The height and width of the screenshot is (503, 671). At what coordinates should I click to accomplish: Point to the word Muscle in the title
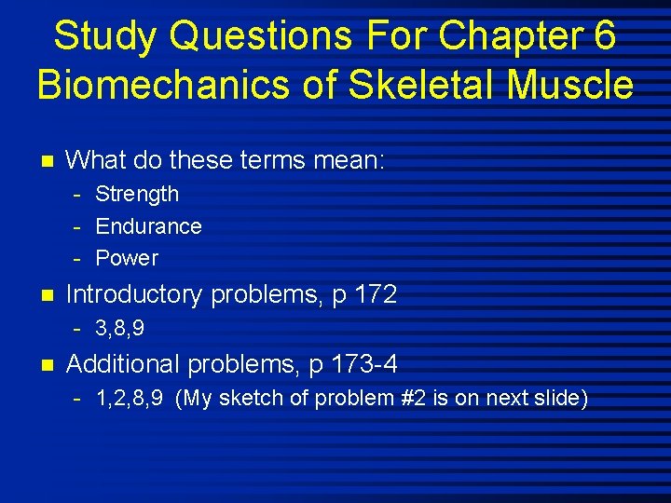pos(571,85)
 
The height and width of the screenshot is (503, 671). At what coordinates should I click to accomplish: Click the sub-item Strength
pos(137,195)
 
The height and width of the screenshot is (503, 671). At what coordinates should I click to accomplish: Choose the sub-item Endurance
pos(148,226)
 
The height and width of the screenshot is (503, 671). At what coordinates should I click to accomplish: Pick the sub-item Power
pos(127,258)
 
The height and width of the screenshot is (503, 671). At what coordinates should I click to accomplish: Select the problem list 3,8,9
pos(120,329)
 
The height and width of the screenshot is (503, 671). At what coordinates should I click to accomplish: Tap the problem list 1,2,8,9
pos(130,399)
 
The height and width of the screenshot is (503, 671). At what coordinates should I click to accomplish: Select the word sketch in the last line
pos(247,399)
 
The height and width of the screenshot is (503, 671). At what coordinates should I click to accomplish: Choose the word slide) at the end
pos(562,399)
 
